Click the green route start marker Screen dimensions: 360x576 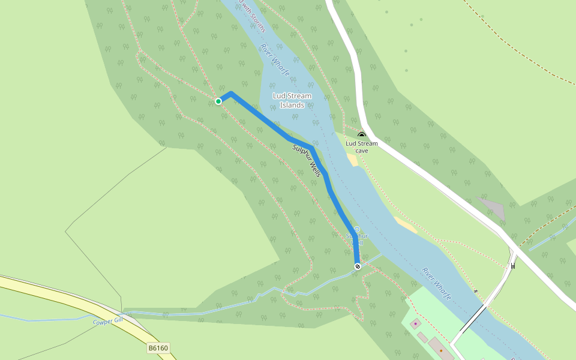coord(218,101)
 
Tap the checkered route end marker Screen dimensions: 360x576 coord(358,266)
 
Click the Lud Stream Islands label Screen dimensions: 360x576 coord(292,100)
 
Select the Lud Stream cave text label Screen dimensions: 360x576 coord(362,147)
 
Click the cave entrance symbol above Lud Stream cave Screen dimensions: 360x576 coord(362,136)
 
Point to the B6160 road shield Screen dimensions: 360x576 coord(158,347)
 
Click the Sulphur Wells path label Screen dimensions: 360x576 coord(307,160)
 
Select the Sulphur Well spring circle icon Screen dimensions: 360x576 coord(357,229)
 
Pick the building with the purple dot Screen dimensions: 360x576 coord(415,324)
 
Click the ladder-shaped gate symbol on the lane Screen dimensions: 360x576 coord(514,265)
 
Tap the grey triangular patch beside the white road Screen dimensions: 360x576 coord(492,207)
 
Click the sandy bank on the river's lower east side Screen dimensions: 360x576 coord(405,224)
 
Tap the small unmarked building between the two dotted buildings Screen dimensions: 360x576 coord(423,337)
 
